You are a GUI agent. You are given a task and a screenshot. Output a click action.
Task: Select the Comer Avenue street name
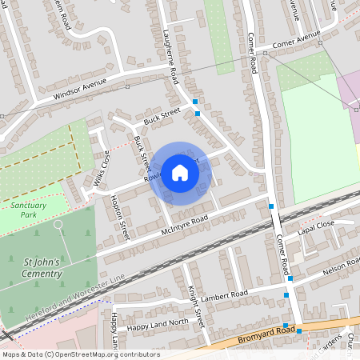[295, 42]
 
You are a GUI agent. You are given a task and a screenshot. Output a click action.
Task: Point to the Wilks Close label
[101, 168]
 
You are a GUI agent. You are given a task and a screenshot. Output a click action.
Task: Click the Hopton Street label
[119, 214]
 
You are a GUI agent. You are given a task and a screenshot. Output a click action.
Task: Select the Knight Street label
[197, 308]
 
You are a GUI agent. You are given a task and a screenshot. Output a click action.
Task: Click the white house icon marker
[180, 173]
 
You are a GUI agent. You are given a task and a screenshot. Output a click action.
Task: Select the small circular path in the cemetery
[58, 225]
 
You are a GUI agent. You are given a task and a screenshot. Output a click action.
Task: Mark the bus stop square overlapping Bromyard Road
[286, 325]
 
